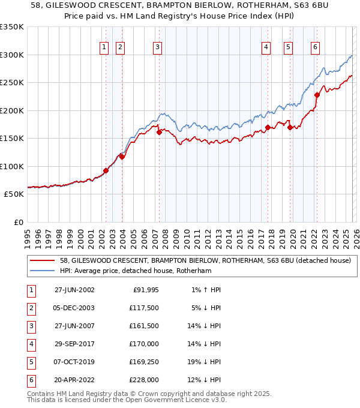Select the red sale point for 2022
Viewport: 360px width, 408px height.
(x=317, y=94)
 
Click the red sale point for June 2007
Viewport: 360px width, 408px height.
(x=159, y=132)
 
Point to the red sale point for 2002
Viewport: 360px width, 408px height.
(x=106, y=170)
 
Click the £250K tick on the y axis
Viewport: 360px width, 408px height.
(x=12, y=83)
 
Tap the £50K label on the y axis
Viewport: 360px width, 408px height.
(x=14, y=194)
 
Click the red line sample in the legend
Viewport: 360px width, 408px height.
(x=43, y=260)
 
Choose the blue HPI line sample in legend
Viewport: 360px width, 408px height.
(x=43, y=271)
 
